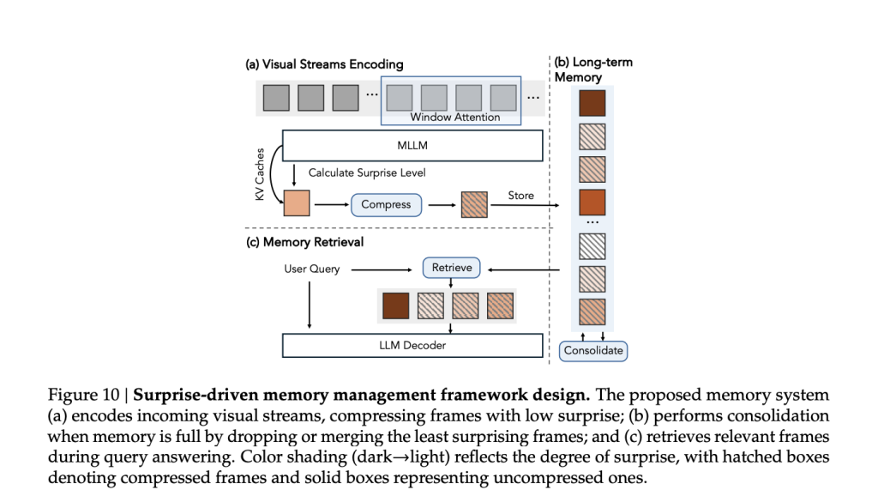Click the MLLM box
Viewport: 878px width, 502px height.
pyautogui.click(x=412, y=146)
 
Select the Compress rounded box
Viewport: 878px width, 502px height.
pyautogui.click(x=386, y=205)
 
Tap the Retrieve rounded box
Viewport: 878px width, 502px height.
pyautogui.click(x=451, y=268)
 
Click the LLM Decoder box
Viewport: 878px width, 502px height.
pyautogui.click(x=412, y=346)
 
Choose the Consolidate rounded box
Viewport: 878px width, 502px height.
pyautogui.click(x=592, y=351)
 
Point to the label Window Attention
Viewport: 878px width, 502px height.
pyautogui.click(x=454, y=118)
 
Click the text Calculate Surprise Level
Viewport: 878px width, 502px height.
pyautogui.click(x=367, y=173)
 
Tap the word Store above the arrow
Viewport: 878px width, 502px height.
pyautogui.click(x=520, y=196)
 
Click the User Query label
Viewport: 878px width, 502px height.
pyautogui.click(x=311, y=269)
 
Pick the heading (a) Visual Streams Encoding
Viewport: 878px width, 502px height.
pyautogui.click(x=324, y=64)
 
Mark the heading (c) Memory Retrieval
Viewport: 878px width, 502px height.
pyautogui.click(x=304, y=242)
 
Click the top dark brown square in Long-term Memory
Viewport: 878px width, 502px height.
pyautogui.click(x=592, y=103)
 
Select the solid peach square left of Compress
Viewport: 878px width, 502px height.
pyautogui.click(x=296, y=204)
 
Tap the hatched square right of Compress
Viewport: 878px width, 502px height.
pyautogui.click(x=474, y=204)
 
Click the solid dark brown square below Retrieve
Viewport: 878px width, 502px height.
pyautogui.click(x=395, y=305)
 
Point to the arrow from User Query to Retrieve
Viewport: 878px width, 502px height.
pyautogui.click(x=384, y=269)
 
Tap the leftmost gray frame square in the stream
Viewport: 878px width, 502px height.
pyautogui.click(x=276, y=97)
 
